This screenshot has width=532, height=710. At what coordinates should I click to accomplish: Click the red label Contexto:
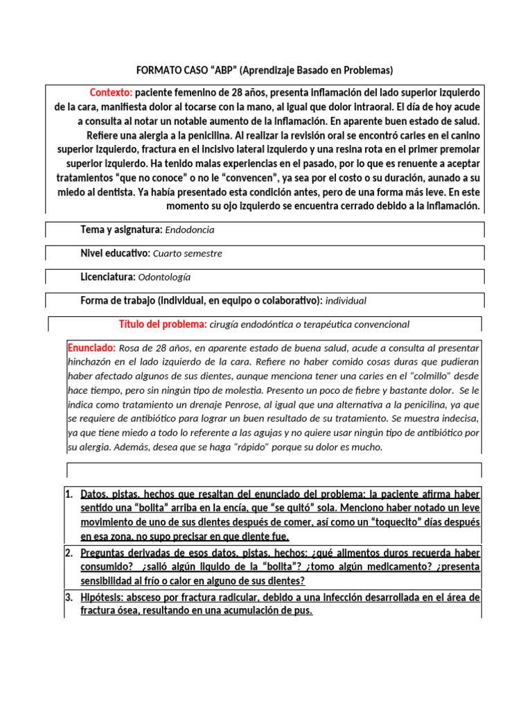click(x=111, y=93)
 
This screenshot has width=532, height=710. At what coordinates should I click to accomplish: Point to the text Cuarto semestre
click(x=188, y=253)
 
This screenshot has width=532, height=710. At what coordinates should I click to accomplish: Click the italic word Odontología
click(x=164, y=277)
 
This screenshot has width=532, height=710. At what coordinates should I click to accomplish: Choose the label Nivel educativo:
click(x=114, y=253)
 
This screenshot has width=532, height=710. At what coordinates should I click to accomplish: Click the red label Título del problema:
click(x=163, y=324)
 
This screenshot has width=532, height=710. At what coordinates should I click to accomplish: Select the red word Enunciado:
click(x=91, y=347)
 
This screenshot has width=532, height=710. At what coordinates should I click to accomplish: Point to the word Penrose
click(x=262, y=404)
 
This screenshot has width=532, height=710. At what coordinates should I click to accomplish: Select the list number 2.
click(x=69, y=553)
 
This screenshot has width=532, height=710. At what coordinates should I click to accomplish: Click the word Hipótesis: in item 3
click(x=105, y=597)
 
